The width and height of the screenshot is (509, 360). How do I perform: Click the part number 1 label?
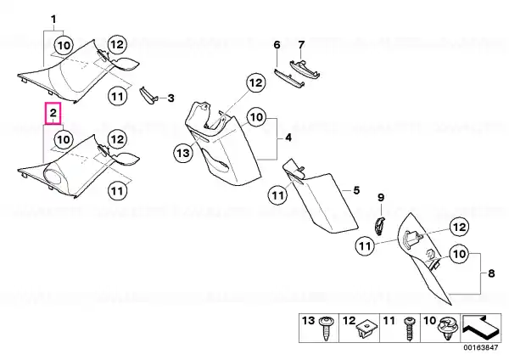pyautogui.click(x=54, y=20)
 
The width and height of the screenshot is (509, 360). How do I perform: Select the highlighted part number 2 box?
pyautogui.click(x=53, y=114)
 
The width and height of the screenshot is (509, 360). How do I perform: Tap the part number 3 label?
pyautogui.click(x=171, y=98)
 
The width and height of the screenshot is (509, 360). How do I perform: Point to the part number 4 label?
pyautogui.click(x=288, y=138)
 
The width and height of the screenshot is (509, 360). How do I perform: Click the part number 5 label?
pyautogui.click(x=356, y=190)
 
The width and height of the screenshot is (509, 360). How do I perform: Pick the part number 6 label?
pyautogui.click(x=277, y=45)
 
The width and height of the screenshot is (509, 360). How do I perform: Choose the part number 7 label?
pyautogui.click(x=301, y=44)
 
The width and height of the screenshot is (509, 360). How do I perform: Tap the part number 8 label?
pyautogui.click(x=491, y=273)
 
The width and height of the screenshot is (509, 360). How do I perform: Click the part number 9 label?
pyautogui.click(x=381, y=197)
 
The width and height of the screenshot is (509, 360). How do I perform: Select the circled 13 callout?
pyautogui.click(x=183, y=152)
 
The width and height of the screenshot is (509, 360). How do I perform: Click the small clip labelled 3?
pyautogui.click(x=148, y=96)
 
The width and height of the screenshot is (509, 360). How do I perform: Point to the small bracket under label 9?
pyautogui.click(x=379, y=226)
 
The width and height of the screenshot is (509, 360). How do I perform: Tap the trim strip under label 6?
pyautogui.click(x=289, y=78)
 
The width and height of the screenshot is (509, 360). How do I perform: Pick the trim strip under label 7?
pyautogui.click(x=305, y=70)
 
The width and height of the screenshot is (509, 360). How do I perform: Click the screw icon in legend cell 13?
pyautogui.click(x=325, y=328)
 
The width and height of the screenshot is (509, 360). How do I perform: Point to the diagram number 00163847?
pyautogui.click(x=480, y=348)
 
